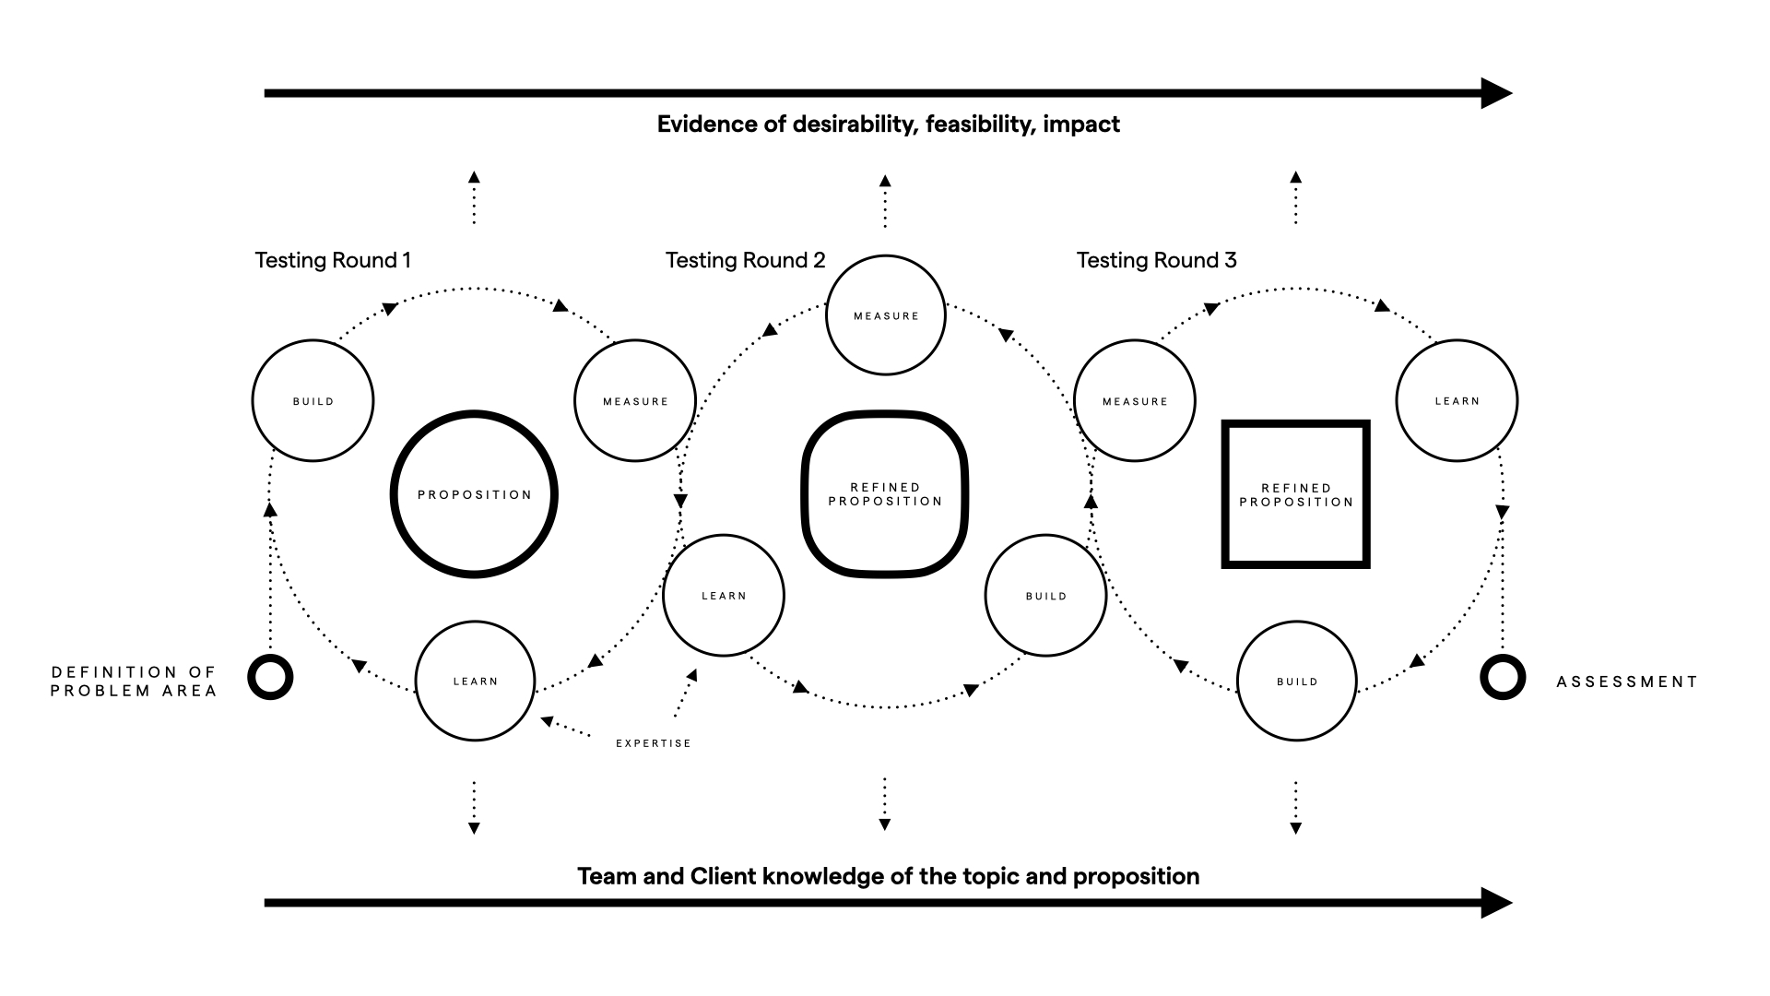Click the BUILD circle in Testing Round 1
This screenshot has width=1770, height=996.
click(x=313, y=400)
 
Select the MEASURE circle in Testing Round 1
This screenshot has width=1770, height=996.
click(x=634, y=400)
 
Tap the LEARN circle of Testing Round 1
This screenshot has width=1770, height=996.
click(x=475, y=681)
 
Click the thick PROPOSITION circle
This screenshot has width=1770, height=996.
click(x=474, y=494)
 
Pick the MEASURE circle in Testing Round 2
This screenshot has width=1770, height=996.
click(x=885, y=315)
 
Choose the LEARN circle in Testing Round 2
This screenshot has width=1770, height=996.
click(x=724, y=596)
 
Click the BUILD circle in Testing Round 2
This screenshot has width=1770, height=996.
click(x=1045, y=596)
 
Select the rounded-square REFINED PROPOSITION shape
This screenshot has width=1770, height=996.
click(x=885, y=494)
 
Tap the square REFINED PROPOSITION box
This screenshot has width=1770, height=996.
click(x=1295, y=494)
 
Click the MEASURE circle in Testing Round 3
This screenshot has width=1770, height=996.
click(x=1135, y=400)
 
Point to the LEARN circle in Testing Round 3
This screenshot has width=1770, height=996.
click(x=1457, y=400)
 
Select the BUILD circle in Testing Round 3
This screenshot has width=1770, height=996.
click(x=1296, y=681)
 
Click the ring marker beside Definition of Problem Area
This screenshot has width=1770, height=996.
click(x=270, y=677)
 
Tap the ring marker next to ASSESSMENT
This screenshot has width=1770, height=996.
click(x=1503, y=677)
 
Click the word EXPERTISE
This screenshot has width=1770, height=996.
click(x=653, y=743)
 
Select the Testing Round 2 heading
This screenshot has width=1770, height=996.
click(x=745, y=261)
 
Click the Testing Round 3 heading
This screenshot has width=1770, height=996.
click(x=1156, y=261)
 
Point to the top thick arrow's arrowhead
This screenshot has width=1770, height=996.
click(x=1495, y=93)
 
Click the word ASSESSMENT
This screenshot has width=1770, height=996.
click(x=1626, y=682)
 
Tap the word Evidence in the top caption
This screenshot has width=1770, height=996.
click(x=707, y=125)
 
